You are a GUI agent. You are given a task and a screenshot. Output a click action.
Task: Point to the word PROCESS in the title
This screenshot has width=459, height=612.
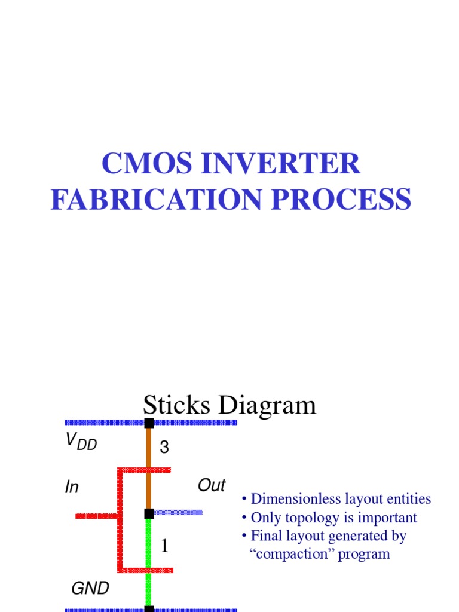(341, 200)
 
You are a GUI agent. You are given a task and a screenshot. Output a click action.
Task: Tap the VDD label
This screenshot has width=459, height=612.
(81, 443)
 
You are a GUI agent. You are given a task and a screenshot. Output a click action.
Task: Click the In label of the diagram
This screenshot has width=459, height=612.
(72, 488)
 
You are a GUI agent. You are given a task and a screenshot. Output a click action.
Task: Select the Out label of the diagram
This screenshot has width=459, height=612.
(211, 485)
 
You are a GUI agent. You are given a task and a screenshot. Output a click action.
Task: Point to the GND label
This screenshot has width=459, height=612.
(90, 589)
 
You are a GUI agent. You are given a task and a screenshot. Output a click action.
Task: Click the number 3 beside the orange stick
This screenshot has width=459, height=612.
(164, 448)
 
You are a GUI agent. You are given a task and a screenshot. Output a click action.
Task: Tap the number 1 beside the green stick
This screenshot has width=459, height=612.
(164, 546)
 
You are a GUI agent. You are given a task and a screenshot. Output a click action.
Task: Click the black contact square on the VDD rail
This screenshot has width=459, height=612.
(149, 423)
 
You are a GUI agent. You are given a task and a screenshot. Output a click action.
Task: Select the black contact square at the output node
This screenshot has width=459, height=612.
(149, 513)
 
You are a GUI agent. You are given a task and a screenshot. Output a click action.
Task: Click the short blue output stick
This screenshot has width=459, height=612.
(178, 512)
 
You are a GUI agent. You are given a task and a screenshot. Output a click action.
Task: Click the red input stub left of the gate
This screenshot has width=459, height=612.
(96, 516)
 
